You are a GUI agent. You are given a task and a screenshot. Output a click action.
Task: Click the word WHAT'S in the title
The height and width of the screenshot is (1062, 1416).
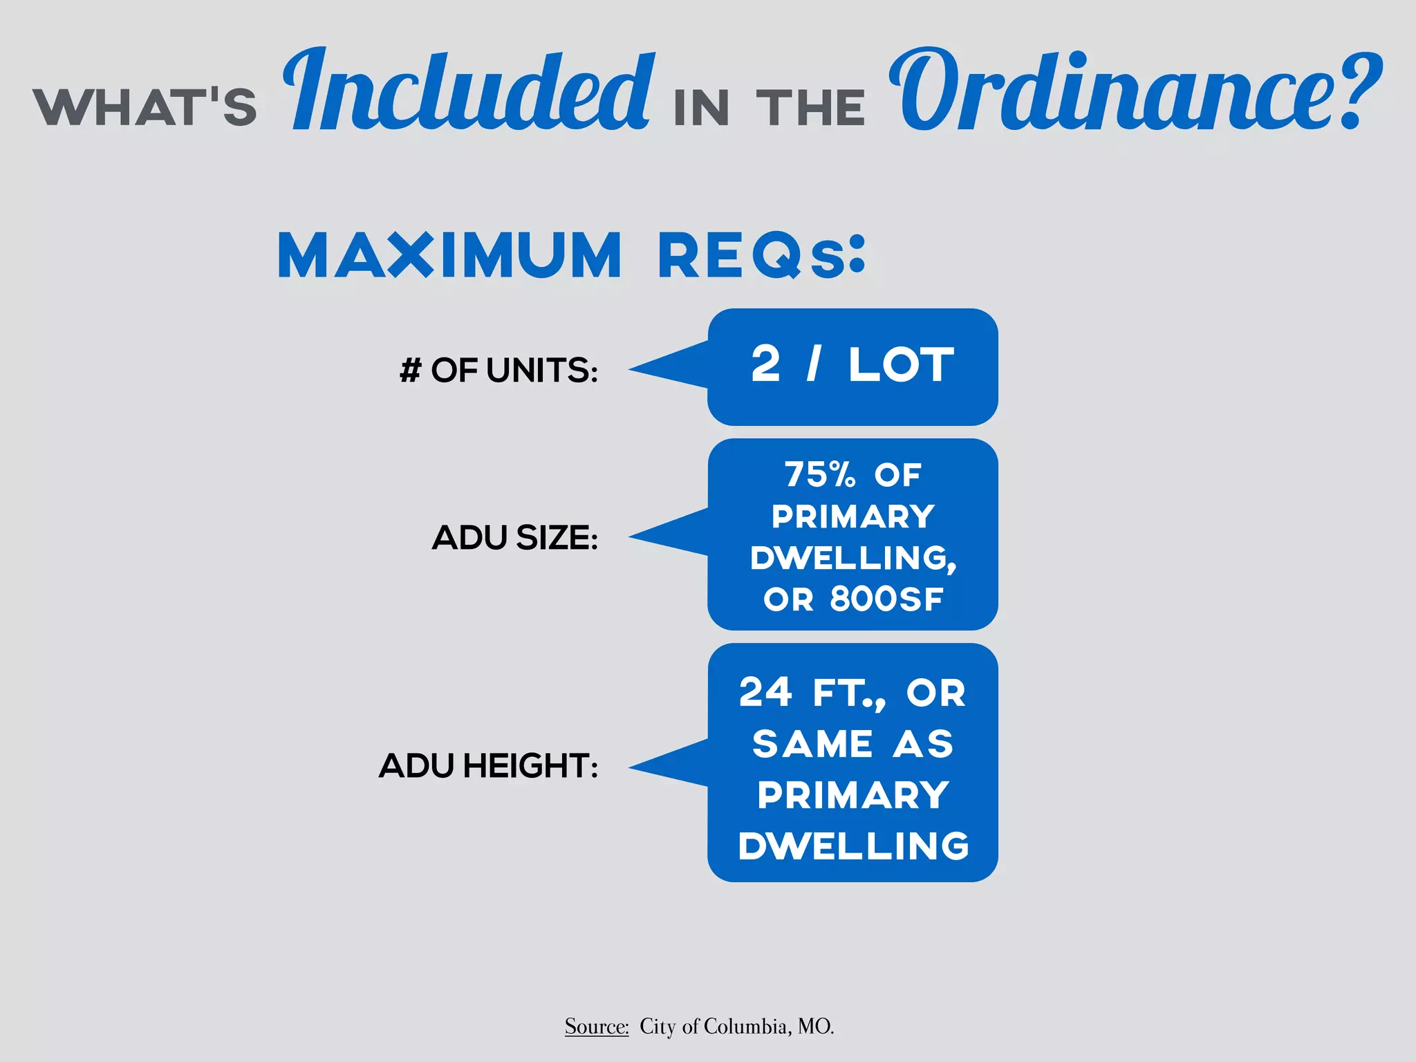[145, 107]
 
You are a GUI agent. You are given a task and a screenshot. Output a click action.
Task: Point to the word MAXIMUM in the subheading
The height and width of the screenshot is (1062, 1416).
[450, 255]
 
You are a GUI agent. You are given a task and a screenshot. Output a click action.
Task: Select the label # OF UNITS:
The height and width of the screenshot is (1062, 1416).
[499, 370]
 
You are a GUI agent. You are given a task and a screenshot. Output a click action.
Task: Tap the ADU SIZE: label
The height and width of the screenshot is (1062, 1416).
[515, 537]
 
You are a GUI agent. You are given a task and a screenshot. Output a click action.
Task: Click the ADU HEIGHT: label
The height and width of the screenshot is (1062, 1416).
[488, 765]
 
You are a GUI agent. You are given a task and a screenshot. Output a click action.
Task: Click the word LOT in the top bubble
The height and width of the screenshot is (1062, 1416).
[902, 364]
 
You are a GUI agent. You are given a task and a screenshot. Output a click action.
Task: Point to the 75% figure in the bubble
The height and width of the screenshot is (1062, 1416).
[820, 475]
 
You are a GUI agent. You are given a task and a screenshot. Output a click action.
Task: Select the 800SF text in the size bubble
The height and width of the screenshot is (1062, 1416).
[886, 599]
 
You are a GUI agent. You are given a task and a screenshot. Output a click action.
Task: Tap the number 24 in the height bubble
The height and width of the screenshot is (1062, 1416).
[765, 692]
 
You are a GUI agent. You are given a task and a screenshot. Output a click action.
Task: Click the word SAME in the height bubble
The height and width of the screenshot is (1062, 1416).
[812, 744]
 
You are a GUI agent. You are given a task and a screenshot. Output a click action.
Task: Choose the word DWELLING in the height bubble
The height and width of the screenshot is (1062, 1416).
[854, 846]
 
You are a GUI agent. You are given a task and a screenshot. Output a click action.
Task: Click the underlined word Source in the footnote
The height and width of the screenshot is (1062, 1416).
[596, 1026]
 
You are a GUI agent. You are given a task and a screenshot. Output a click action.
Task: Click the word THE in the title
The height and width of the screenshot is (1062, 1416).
[811, 109]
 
